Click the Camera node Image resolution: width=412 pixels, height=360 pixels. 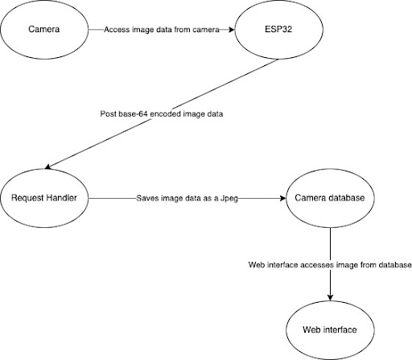coord(45,31)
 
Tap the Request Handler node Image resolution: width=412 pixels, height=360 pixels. coord(45,197)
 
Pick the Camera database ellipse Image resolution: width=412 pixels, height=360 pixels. coord(329,197)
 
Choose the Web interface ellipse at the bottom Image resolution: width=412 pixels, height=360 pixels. coord(329,329)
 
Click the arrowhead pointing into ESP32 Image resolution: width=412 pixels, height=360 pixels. coord(233,31)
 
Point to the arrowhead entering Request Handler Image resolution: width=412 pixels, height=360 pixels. coord(49,167)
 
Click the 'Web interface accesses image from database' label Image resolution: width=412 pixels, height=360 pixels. coord(329,265)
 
